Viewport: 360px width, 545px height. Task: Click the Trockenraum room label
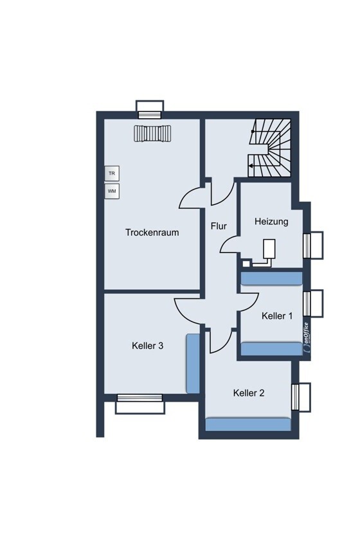pyautogui.click(x=152, y=232)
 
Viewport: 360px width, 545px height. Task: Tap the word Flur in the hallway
pyautogui.click(x=219, y=226)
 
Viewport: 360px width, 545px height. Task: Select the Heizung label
pyautogui.click(x=271, y=221)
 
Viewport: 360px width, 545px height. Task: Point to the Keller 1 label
pyautogui.click(x=277, y=316)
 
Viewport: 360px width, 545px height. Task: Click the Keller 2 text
pyautogui.click(x=249, y=393)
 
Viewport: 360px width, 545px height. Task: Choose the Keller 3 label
pyautogui.click(x=147, y=346)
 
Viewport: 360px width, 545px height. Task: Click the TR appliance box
pyautogui.click(x=112, y=173)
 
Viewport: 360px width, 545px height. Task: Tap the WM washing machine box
pyautogui.click(x=112, y=191)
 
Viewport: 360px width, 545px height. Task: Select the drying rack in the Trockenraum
pyautogui.click(x=152, y=133)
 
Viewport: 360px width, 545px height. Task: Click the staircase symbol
pyautogui.click(x=270, y=148)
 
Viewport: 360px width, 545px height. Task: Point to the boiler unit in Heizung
pyautogui.click(x=269, y=249)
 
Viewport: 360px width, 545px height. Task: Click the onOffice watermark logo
pyautogui.click(x=306, y=338)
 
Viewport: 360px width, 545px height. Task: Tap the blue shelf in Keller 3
pyautogui.click(x=193, y=364)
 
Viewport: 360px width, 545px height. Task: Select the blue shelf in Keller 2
pyautogui.click(x=248, y=424)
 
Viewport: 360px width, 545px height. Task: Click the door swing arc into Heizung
pyautogui.click(x=229, y=244)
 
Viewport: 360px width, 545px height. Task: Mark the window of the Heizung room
pyautogui.click(x=313, y=246)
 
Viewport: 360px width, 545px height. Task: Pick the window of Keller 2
pyautogui.click(x=301, y=397)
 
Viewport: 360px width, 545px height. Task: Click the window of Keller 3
pyautogui.click(x=140, y=404)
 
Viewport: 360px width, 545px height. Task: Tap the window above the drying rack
pyautogui.click(x=150, y=110)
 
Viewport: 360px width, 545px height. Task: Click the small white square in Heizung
pyautogui.click(x=246, y=263)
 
